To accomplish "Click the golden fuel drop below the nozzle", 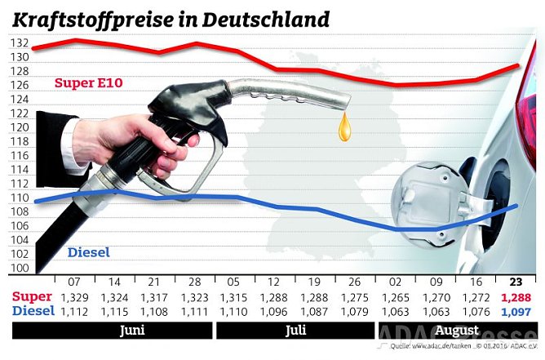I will click(x=347, y=126).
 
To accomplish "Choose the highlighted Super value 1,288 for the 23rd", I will click(x=516, y=296).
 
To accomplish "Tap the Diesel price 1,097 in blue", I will click(x=516, y=311).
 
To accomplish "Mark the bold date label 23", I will click(x=516, y=281).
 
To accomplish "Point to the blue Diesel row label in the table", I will click(x=33, y=311).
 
